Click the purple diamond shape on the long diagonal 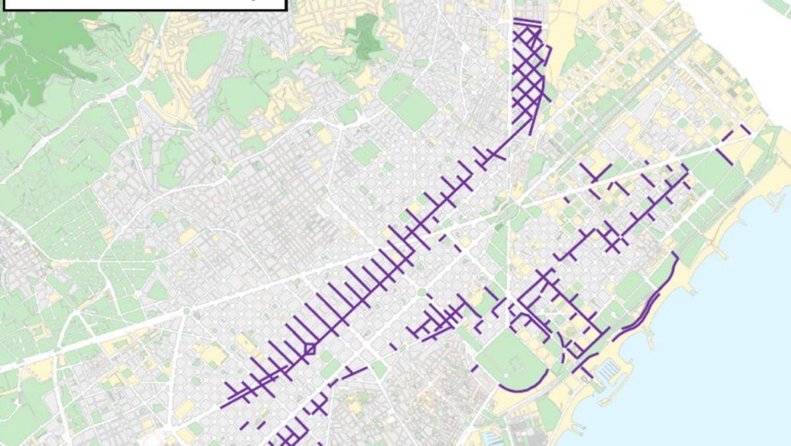308,350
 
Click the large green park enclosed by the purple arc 511,356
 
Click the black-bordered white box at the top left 145,4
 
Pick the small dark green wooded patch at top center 361,33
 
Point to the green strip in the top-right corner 778,5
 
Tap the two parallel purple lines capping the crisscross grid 527,24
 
